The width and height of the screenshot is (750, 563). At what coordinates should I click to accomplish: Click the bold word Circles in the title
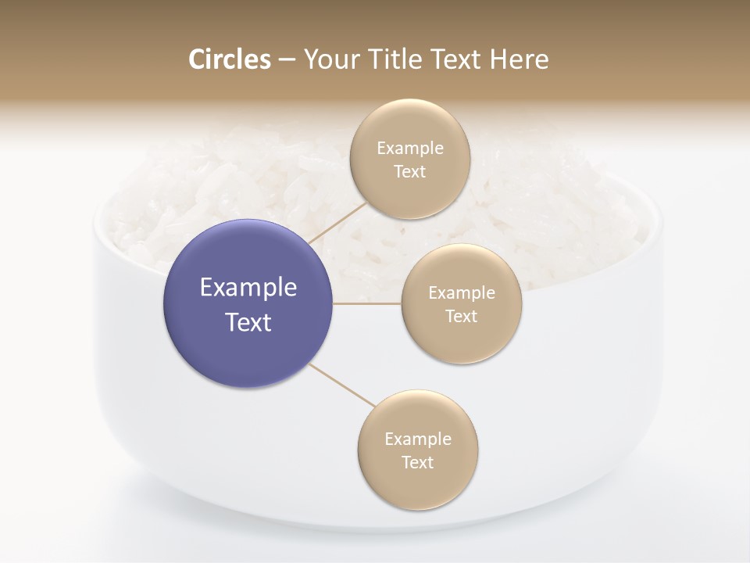tap(229, 59)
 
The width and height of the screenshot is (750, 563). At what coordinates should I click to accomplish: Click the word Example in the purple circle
tap(248, 288)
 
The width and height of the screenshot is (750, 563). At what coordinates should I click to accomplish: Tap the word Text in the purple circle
tap(248, 322)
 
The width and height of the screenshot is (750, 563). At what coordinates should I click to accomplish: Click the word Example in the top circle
tap(410, 149)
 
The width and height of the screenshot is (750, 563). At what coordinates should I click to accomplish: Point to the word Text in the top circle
tap(409, 172)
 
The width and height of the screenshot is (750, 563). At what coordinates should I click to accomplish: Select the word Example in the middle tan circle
tap(462, 293)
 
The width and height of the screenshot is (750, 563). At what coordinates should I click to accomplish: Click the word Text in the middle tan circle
tap(461, 317)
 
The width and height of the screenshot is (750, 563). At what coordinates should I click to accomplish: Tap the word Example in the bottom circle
tap(418, 439)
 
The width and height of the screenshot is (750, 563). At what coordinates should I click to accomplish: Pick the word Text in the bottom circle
tap(417, 463)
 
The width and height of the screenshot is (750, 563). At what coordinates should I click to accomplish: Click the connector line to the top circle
tap(337, 222)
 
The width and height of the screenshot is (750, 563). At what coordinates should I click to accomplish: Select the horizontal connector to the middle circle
tap(366, 303)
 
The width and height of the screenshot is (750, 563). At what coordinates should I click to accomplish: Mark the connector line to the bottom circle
tap(342, 385)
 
